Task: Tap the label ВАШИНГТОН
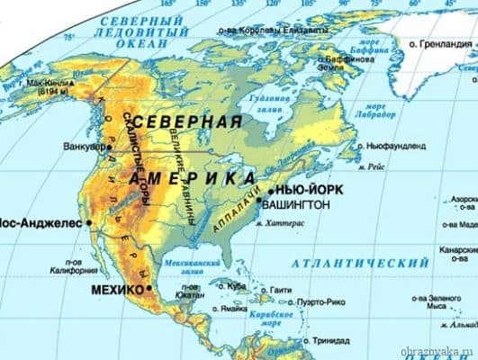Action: tap(297, 206)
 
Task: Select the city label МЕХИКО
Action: tap(117, 289)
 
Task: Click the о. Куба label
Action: tap(234, 287)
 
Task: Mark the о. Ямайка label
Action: tap(229, 308)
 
